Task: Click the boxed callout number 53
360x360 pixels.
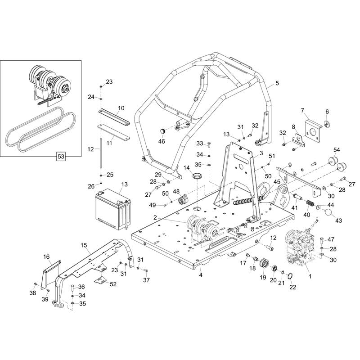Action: click(x=61, y=157)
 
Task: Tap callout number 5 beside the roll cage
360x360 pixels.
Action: click(x=277, y=83)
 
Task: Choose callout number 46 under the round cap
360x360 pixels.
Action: click(x=162, y=141)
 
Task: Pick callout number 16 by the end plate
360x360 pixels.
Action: click(x=46, y=256)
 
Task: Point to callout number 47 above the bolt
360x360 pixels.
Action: click(x=331, y=239)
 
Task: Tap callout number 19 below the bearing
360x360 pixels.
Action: click(x=262, y=277)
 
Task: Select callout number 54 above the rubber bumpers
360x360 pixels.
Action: click(x=337, y=149)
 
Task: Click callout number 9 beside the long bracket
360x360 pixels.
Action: click(x=290, y=165)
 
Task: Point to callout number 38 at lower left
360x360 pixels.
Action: click(x=32, y=292)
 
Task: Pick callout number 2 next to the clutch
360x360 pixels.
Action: click(x=155, y=218)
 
